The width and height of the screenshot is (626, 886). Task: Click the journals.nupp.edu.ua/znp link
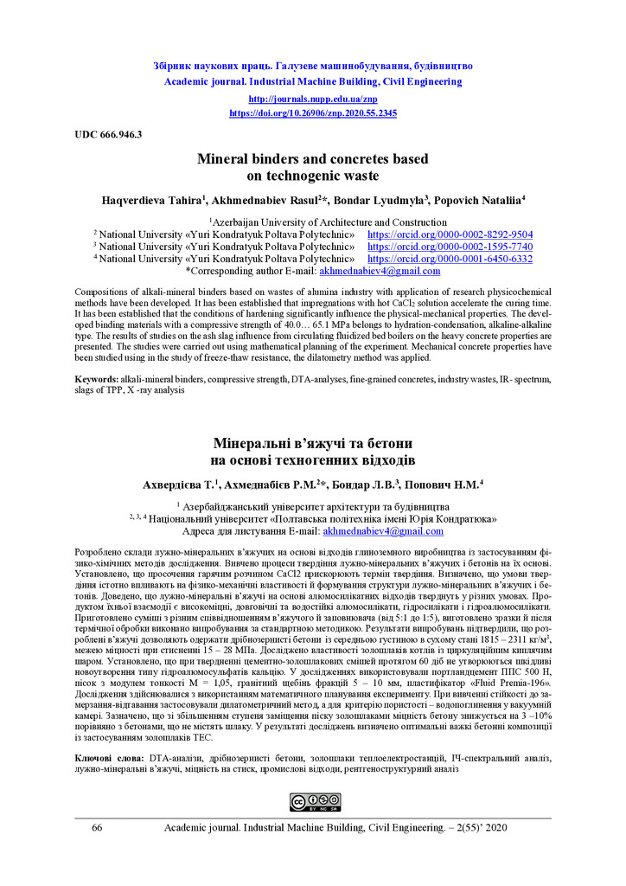(313, 100)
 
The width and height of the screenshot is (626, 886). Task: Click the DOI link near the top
(313, 112)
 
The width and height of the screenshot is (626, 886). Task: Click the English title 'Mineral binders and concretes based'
(313, 159)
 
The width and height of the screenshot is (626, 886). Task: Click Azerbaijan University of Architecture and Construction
(313, 221)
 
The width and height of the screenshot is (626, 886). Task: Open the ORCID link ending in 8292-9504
(450, 234)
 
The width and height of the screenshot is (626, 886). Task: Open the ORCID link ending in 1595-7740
(450, 246)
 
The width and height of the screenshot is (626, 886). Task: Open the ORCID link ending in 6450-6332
(450, 258)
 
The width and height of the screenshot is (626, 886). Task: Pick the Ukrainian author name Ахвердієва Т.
(179, 485)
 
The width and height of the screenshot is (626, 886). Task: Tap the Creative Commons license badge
(313, 801)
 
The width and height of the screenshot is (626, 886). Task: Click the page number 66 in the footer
(97, 828)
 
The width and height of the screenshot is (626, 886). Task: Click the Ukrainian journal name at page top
(313, 66)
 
